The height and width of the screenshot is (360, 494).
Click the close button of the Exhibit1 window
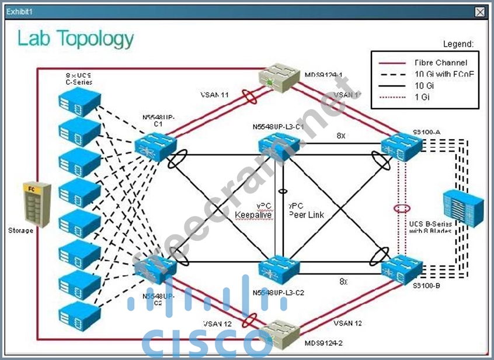[480, 12]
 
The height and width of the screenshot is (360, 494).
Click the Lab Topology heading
[75, 39]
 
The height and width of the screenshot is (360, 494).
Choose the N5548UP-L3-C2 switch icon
[278, 269]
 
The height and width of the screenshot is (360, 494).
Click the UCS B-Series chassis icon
[464, 207]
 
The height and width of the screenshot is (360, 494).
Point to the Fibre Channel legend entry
[440, 63]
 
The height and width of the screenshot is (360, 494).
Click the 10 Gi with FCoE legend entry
[444, 74]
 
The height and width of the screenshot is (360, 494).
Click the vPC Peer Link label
[306, 210]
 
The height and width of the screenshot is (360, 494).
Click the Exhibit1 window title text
[19, 11]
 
